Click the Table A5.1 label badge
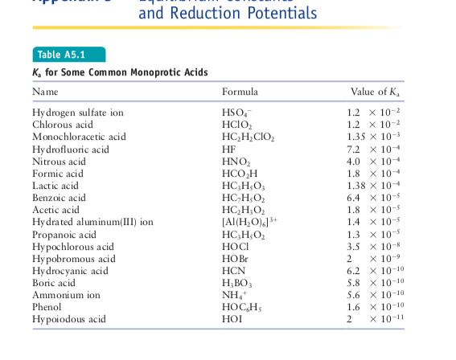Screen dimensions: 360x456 click(x=60, y=55)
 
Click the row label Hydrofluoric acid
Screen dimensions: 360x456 click(x=70, y=149)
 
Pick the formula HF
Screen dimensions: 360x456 click(x=229, y=149)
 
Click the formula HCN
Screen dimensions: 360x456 click(x=234, y=271)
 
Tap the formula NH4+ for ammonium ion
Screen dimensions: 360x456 click(x=233, y=295)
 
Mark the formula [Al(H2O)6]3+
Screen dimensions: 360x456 click(x=251, y=221)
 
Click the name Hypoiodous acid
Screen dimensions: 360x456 click(x=68, y=319)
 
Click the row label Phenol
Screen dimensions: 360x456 click(x=47, y=307)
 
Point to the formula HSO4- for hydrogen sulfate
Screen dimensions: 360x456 click(x=237, y=112)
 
